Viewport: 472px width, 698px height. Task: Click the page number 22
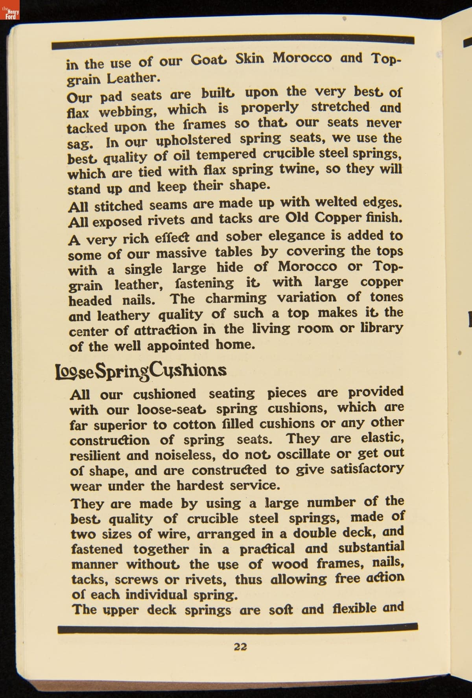point(240,646)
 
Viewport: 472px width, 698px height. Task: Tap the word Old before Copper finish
point(298,218)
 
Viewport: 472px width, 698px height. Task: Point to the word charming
point(236,298)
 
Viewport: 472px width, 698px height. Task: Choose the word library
point(382,328)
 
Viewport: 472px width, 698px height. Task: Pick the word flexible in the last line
point(354,609)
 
